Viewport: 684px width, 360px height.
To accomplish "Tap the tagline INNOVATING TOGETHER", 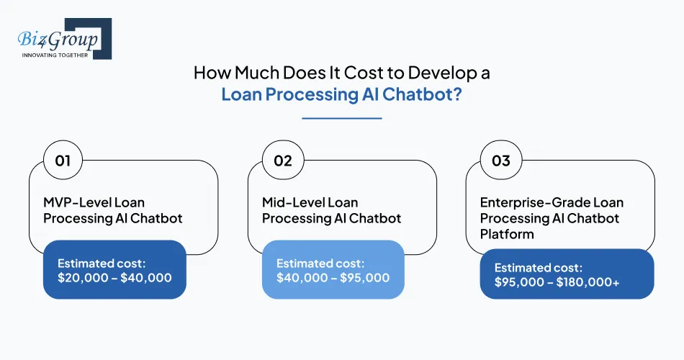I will click(55, 55).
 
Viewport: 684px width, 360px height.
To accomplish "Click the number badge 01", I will click(63, 160).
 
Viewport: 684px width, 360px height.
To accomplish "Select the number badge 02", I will click(282, 160).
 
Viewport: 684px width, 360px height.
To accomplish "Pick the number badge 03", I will click(500, 160).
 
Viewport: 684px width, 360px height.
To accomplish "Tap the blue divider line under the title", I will click(341, 118).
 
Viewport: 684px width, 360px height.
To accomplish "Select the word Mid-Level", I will click(292, 203).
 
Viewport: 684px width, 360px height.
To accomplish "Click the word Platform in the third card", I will click(507, 235).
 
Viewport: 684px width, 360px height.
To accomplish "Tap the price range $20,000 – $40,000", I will click(114, 277).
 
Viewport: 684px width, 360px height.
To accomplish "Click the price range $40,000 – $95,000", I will click(333, 278).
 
